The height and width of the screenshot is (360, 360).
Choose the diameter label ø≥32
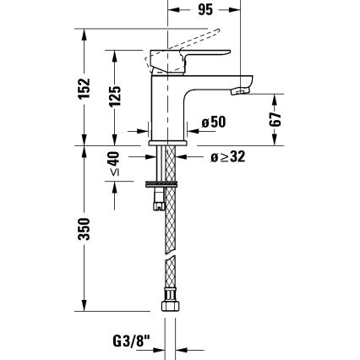(x=229, y=157)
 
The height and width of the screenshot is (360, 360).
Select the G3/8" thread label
(x=135, y=341)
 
